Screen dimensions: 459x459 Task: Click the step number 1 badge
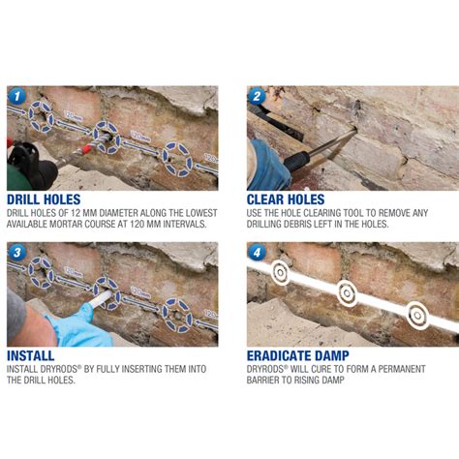point(16,96)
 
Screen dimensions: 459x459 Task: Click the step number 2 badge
point(257,96)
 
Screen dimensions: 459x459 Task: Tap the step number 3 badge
point(16,253)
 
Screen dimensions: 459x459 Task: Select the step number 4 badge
point(257,253)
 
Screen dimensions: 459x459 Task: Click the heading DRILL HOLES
point(44,199)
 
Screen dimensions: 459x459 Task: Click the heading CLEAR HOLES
point(286,199)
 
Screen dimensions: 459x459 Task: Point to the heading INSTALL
point(31,355)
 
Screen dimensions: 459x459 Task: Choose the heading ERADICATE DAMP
point(298,355)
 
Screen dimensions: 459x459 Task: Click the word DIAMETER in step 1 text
point(118,213)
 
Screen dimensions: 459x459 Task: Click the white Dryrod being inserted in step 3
point(99,299)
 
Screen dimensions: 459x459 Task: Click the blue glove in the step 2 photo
point(268,166)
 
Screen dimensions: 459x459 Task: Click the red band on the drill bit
point(86,150)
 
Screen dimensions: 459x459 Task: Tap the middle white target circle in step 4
point(347,293)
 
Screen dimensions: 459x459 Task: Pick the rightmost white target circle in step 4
point(417,315)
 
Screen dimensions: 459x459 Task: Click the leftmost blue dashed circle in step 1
point(41,116)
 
